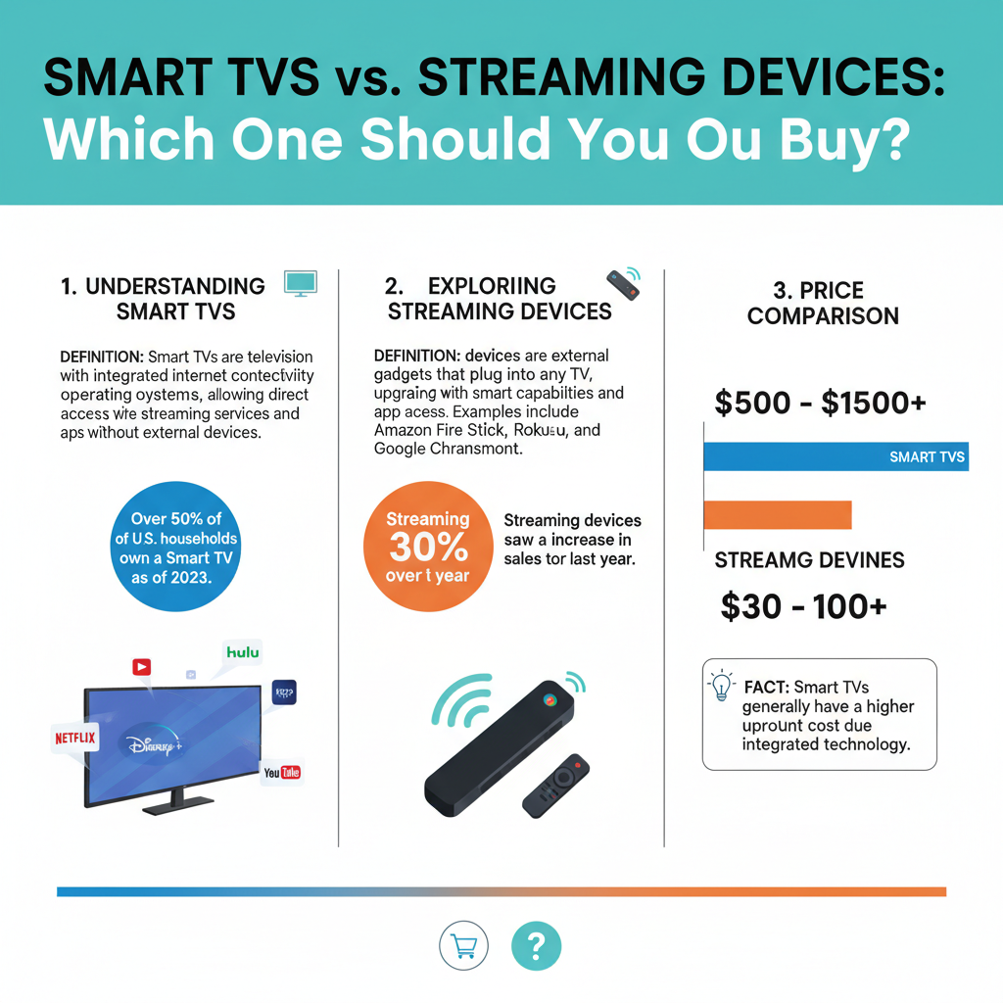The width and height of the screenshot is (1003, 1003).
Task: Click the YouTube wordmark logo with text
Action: coord(282,772)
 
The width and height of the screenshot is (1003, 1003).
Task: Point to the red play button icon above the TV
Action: coord(142,667)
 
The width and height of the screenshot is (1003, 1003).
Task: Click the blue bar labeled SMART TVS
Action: coord(836,456)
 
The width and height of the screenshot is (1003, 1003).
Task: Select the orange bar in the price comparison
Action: coord(778,515)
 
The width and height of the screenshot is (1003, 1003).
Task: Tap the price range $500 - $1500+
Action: coord(822,404)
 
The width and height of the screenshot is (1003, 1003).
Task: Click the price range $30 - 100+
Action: coord(803,606)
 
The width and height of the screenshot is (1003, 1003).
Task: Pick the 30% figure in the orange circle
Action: coord(427,547)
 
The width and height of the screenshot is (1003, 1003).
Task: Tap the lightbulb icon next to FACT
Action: coord(720,686)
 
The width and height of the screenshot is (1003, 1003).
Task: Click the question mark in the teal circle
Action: coord(536,945)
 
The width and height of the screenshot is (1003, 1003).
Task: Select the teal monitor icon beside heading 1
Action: coord(300,283)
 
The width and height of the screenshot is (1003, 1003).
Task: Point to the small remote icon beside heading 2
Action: coord(623,284)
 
